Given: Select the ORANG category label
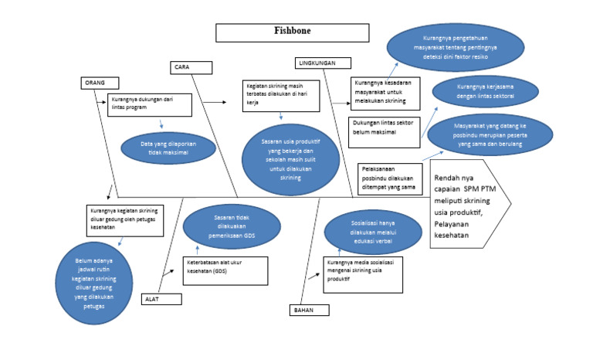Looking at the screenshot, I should (99, 83).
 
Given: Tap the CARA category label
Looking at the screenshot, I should (190, 67).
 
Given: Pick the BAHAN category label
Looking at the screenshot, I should (309, 310).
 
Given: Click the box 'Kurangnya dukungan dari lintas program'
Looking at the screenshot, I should (150, 104).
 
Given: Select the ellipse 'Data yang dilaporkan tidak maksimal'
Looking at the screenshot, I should (168, 149).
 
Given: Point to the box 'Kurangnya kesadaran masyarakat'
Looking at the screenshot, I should (385, 93).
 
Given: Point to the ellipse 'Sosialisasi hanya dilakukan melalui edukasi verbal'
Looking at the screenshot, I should (373, 231).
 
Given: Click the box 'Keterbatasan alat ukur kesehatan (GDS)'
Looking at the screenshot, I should (225, 270).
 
